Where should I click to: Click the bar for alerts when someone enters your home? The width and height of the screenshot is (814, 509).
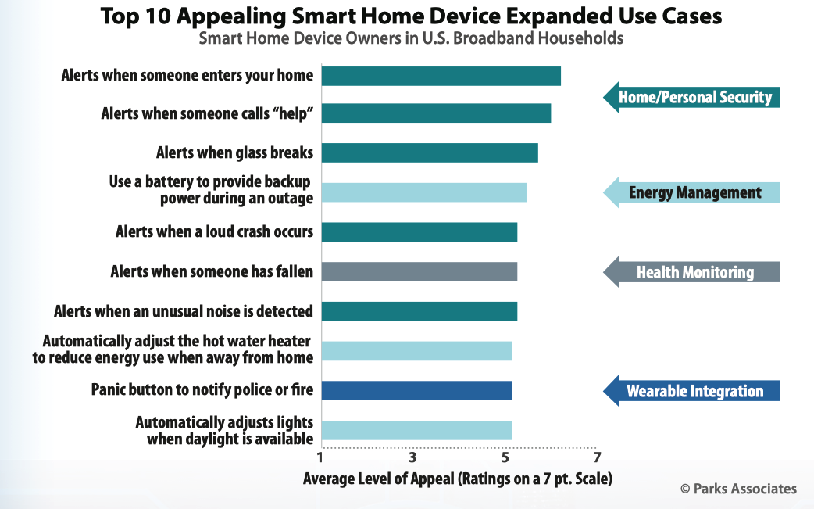[441, 76]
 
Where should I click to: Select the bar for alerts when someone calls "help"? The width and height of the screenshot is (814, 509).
[436, 113]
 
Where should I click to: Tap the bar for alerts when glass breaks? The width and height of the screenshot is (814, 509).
[430, 152]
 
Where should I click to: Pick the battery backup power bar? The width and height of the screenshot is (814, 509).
[423, 192]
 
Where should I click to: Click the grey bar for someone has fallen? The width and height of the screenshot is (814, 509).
[419, 271]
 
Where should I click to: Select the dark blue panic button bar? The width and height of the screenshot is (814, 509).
[416, 390]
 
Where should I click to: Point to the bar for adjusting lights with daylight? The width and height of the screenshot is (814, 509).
[416, 430]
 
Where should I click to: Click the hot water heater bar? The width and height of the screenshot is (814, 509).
[416, 351]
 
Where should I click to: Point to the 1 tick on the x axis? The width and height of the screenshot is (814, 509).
[320, 457]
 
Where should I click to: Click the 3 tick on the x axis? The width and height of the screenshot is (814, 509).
[412, 457]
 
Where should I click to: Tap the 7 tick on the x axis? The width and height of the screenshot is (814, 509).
[597, 457]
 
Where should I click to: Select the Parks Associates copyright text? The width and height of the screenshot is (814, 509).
[738, 489]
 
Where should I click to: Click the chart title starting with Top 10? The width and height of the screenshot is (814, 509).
[405, 16]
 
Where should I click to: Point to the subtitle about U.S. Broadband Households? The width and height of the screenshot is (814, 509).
[411, 38]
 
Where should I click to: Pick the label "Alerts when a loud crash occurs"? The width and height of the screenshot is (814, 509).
[214, 231]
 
